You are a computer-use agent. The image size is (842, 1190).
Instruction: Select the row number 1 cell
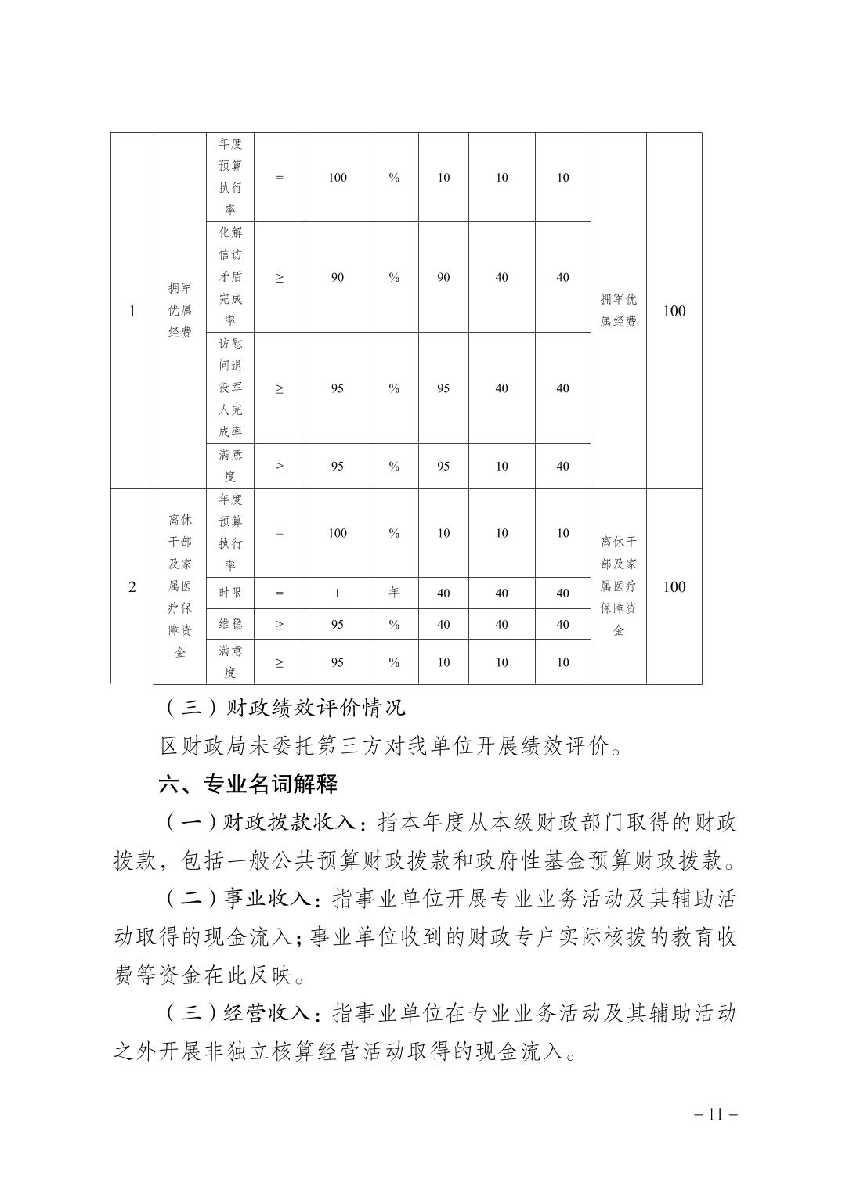point(132,311)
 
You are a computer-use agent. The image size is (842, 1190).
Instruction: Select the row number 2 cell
point(132,587)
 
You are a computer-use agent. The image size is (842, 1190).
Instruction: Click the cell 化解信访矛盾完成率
point(230,277)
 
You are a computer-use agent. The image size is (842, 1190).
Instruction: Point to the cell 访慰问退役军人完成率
point(230,388)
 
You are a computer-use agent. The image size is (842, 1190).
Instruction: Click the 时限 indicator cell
point(230,593)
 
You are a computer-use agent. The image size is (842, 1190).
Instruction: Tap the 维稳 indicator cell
point(230,625)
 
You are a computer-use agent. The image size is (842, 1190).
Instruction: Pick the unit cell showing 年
point(394,593)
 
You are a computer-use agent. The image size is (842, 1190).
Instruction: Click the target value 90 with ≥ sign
point(337,277)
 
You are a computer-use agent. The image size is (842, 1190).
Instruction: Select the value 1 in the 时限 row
point(337,593)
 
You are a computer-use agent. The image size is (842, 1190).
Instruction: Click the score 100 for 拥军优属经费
point(674,311)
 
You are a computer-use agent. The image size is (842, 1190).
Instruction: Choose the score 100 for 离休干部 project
point(674,587)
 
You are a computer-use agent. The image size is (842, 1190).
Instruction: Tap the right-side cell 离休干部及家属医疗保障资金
point(618,586)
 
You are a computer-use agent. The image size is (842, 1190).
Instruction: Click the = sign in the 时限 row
point(280,593)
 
